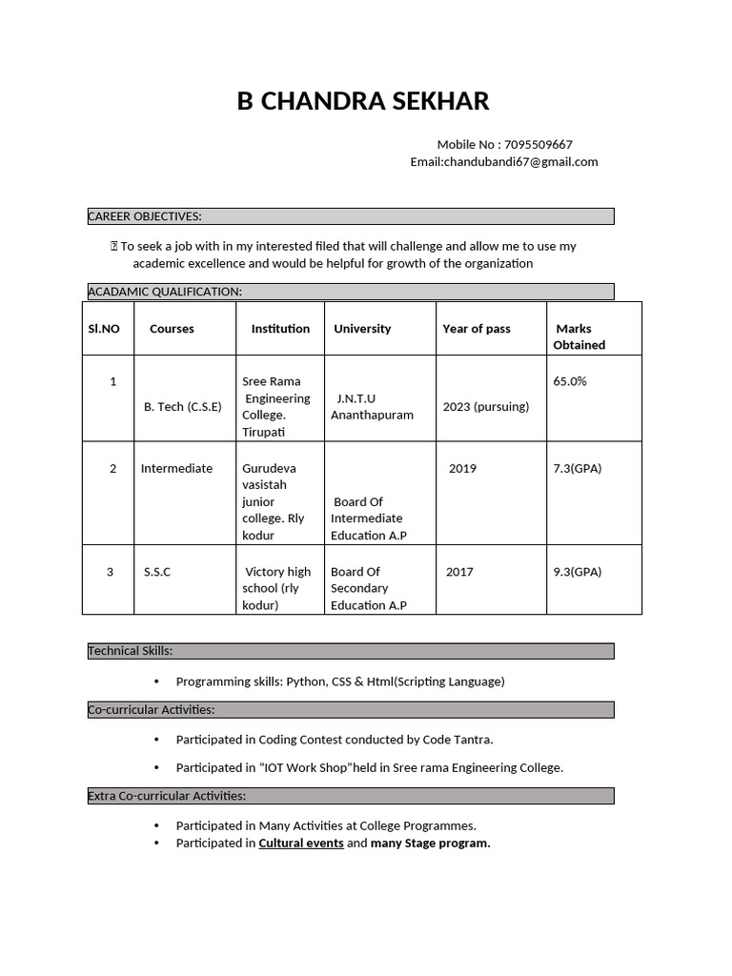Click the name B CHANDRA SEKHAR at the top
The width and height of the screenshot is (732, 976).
click(363, 101)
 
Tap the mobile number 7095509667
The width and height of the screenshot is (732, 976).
click(538, 145)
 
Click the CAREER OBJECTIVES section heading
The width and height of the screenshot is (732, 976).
click(145, 216)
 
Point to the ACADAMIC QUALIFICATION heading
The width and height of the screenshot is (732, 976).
click(165, 292)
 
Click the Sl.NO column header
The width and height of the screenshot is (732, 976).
click(104, 329)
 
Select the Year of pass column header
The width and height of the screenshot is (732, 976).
click(477, 329)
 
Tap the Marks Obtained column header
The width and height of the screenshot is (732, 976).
click(579, 336)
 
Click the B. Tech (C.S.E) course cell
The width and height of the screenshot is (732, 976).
click(182, 406)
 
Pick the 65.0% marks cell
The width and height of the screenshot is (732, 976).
click(570, 381)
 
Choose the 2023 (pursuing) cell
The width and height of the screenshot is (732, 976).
click(486, 406)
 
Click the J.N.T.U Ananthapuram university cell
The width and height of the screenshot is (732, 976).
click(372, 407)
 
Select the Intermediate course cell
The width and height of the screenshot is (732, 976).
click(176, 469)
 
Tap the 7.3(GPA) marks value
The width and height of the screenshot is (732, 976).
click(578, 469)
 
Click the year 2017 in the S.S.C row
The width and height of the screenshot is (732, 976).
click(459, 572)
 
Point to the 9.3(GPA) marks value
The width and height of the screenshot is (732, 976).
click(578, 572)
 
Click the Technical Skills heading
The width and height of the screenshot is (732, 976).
click(131, 651)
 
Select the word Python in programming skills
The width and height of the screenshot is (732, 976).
click(305, 681)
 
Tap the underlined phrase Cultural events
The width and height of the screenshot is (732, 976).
click(301, 844)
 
